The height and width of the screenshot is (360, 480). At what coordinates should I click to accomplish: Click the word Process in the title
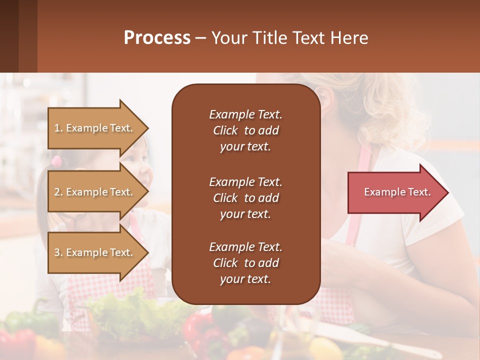(157, 38)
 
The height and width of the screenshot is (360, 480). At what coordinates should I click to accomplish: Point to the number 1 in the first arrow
(57, 128)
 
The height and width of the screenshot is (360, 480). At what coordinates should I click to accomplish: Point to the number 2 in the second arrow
(57, 192)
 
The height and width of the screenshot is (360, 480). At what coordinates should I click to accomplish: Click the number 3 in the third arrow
(57, 252)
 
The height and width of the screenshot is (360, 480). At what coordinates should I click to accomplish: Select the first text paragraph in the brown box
(245, 130)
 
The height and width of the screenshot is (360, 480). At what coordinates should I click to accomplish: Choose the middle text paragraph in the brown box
(245, 198)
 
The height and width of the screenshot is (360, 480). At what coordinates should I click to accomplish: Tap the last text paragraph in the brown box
(245, 263)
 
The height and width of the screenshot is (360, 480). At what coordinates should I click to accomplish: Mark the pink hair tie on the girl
(56, 161)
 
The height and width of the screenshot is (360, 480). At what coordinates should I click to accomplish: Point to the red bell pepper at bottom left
(17, 340)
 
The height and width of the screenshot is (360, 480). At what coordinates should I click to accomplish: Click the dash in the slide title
(200, 38)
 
